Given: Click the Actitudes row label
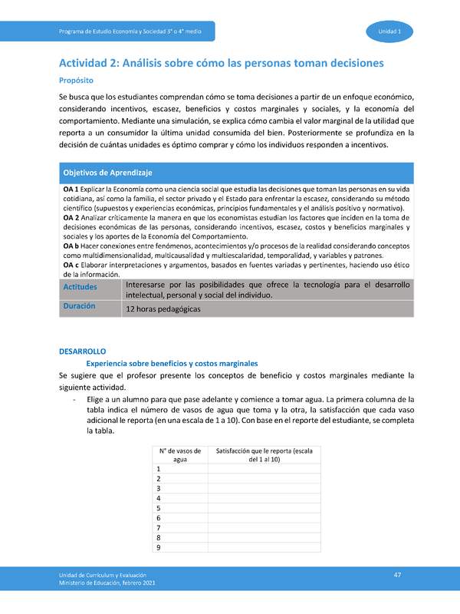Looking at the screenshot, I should (x=80, y=286).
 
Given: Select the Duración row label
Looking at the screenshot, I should (x=79, y=305).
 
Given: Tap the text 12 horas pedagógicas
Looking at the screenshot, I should (x=163, y=309).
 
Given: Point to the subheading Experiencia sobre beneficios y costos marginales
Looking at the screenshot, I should (x=172, y=363).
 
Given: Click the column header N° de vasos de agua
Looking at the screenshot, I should (x=180, y=454).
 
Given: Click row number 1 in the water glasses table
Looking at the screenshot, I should (x=158, y=468).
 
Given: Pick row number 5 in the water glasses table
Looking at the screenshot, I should (x=158, y=508).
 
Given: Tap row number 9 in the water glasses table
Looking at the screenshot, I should (x=158, y=547).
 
